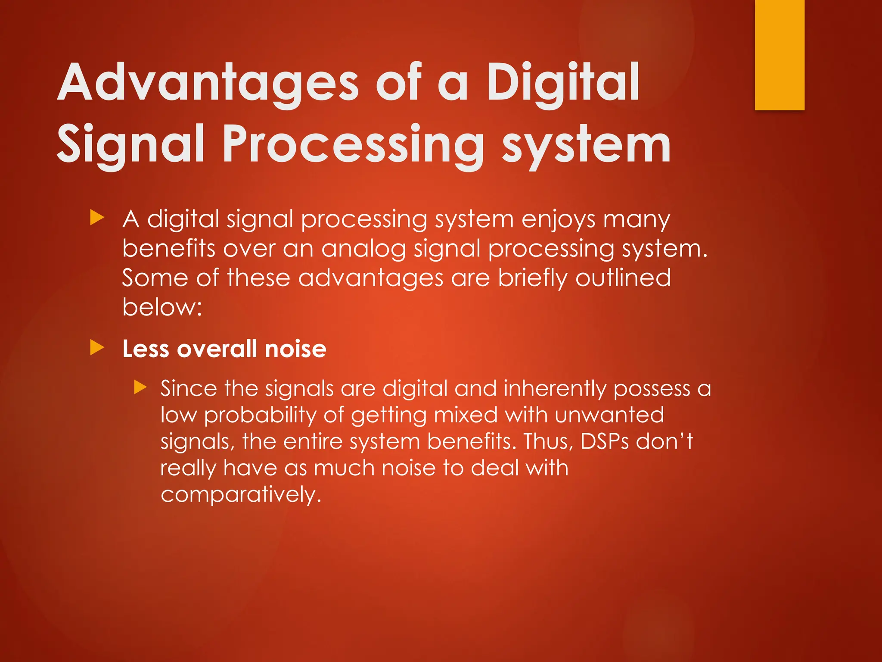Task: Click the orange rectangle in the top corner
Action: click(780, 55)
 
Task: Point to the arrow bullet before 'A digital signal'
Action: click(97, 218)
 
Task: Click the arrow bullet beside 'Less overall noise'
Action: click(97, 348)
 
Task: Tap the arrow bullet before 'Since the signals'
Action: click(140, 387)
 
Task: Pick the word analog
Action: click(363, 249)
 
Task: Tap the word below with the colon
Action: click(162, 307)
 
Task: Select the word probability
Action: click(260, 415)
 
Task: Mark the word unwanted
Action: click(609, 415)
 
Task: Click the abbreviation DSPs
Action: click(605, 441)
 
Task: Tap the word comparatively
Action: click(241, 495)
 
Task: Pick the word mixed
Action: click(466, 415)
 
